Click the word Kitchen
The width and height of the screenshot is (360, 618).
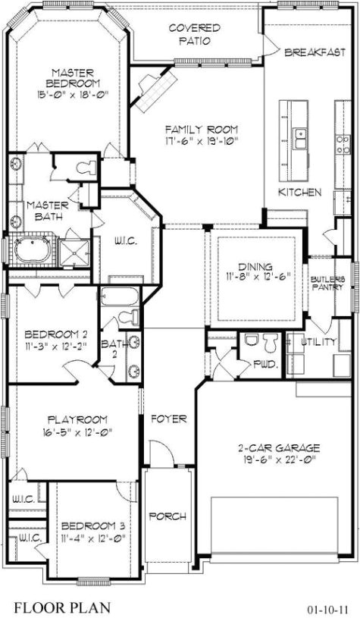pos(299,192)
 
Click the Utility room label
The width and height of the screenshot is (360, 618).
pos(318,342)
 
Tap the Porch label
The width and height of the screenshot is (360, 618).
pos(167,516)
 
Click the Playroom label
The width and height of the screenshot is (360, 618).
pos(77,419)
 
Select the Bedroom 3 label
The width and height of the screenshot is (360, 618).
pos(92,525)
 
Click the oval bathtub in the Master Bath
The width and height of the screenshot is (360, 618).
pos(31,250)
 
